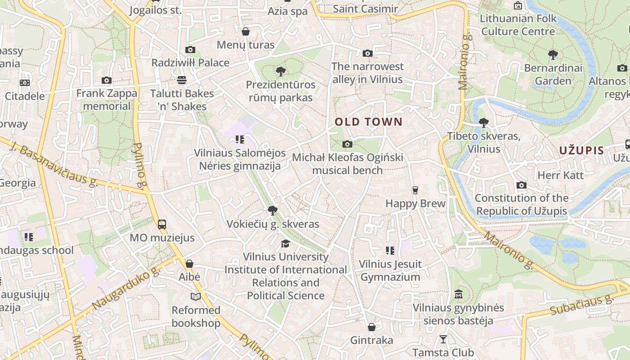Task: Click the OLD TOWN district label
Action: (x=369, y=121)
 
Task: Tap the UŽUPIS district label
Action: (x=581, y=150)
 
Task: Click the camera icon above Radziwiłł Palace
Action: (x=190, y=49)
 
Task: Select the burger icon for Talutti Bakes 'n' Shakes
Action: (x=182, y=80)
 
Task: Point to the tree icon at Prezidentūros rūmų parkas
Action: (x=281, y=71)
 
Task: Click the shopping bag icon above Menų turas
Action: (x=246, y=31)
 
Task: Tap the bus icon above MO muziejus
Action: (x=162, y=224)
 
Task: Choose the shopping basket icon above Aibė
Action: (x=189, y=264)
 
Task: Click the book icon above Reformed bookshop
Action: (x=196, y=297)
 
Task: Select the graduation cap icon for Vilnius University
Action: (x=285, y=243)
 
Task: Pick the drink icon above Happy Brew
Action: (x=415, y=190)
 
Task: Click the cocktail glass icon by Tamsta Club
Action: (x=443, y=339)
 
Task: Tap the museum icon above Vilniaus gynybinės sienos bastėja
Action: (x=459, y=294)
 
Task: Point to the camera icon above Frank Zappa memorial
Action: (x=107, y=80)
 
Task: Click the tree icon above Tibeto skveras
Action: (x=484, y=122)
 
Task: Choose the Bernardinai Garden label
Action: (x=553, y=74)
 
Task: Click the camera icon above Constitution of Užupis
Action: (x=522, y=185)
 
